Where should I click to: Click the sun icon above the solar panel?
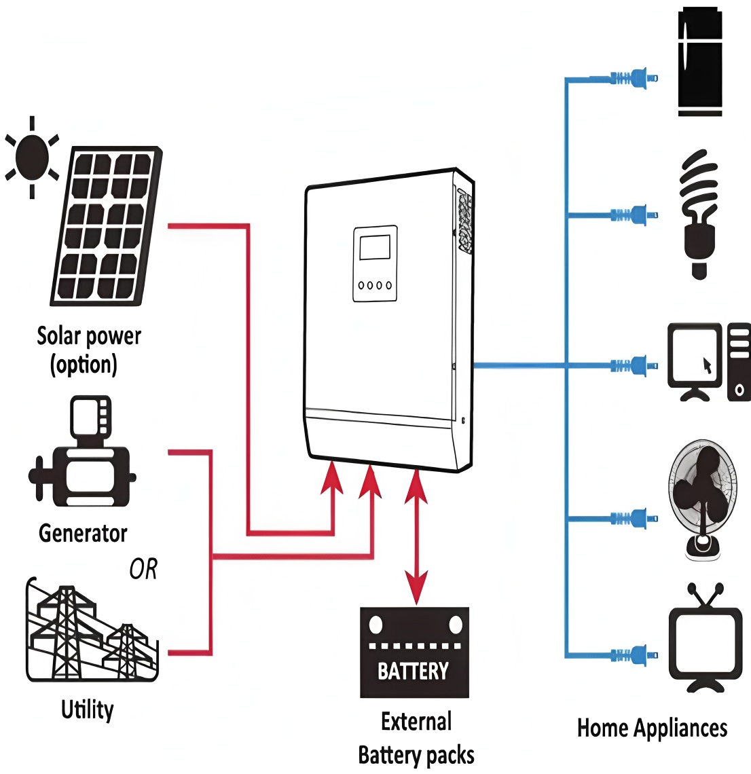click(x=32, y=158)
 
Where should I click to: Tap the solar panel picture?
click(x=107, y=226)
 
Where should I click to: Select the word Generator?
click(x=83, y=533)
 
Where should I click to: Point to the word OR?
click(x=143, y=569)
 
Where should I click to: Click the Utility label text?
click(x=88, y=709)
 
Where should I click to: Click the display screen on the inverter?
click(x=375, y=247)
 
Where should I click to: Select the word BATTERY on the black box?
click(x=414, y=671)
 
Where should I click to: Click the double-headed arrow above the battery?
click(x=416, y=536)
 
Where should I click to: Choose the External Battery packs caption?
click(x=416, y=738)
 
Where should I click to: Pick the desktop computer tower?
click(x=739, y=362)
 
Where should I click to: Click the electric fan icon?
click(x=702, y=499)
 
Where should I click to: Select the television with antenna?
click(x=705, y=641)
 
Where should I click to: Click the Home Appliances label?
click(x=652, y=728)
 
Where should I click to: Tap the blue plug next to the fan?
click(x=636, y=519)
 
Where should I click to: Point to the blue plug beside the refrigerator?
click(x=636, y=79)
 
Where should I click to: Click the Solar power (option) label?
click(x=88, y=350)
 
